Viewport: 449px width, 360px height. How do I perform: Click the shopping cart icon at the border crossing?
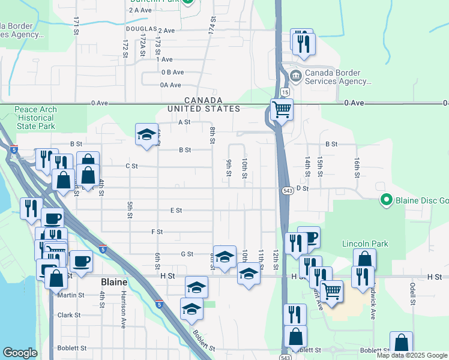point(281,109)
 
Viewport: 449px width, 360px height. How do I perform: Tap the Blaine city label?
point(114,281)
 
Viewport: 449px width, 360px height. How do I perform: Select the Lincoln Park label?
point(365,244)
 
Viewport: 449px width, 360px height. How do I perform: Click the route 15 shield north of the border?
point(285,92)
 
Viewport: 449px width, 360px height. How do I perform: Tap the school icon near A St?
point(146,135)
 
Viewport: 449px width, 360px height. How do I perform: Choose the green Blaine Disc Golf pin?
point(387,200)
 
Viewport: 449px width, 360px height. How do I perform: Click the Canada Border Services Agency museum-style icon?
point(295,77)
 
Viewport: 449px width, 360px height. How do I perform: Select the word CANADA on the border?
point(203,100)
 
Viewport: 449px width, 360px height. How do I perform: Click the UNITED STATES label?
point(203,109)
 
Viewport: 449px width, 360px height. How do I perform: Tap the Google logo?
point(19,353)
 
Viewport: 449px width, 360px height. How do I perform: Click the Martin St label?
point(71,295)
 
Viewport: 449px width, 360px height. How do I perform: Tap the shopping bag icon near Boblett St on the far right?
point(400,343)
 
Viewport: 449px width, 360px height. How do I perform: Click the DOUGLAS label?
point(141,29)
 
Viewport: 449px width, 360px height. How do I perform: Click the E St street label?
point(176,211)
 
